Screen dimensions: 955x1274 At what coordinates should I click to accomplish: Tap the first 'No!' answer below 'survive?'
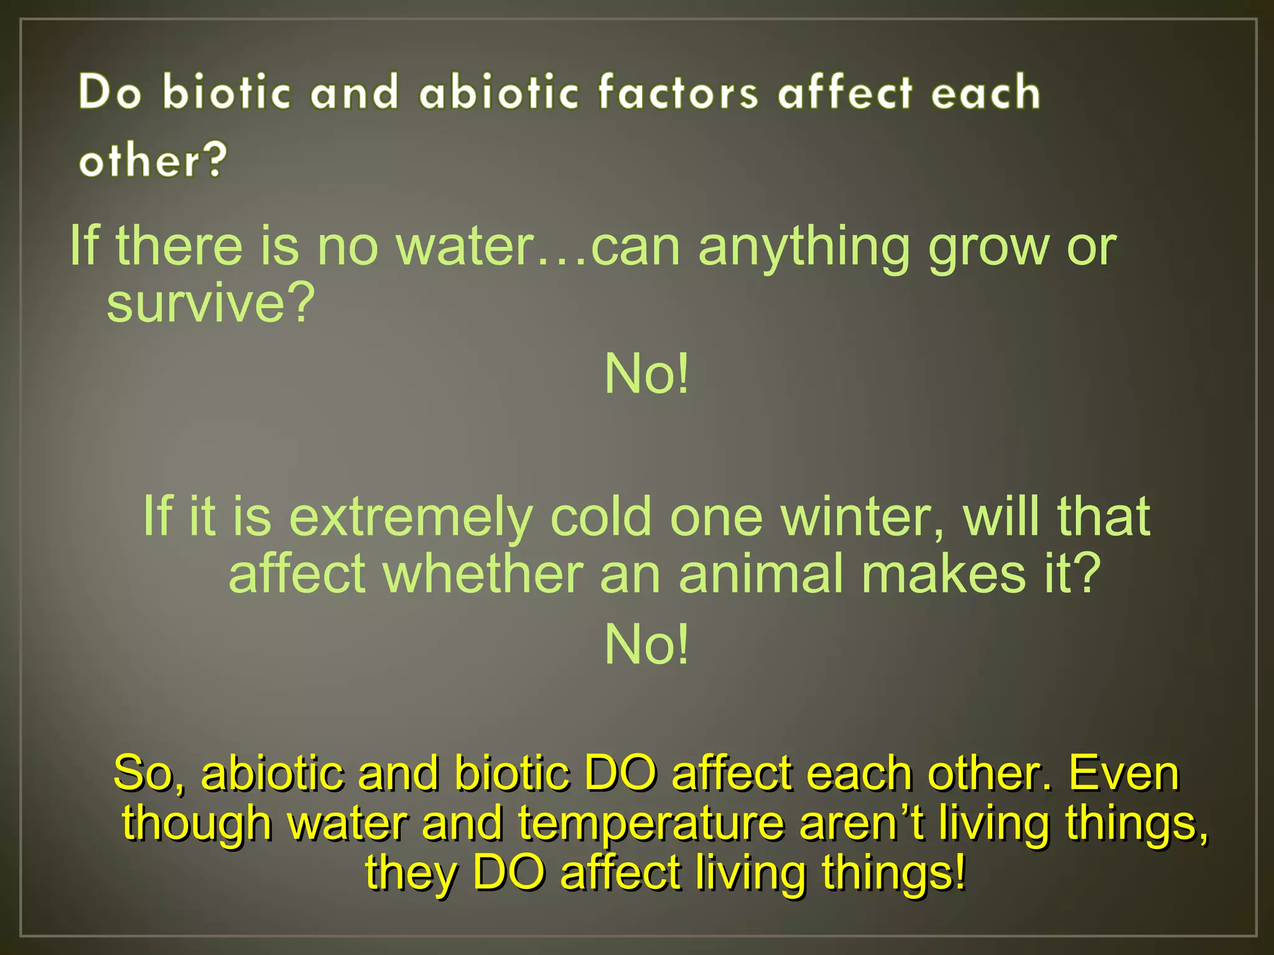tap(647, 374)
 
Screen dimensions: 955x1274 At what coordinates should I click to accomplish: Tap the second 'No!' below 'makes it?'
tap(647, 645)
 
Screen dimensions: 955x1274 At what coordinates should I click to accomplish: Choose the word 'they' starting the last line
tap(411, 873)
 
